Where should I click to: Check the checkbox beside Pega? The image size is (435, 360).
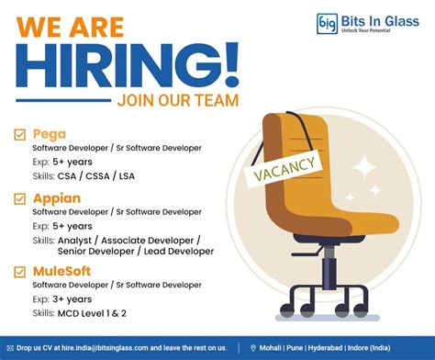[19, 134]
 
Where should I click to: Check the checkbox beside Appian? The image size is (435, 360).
[19, 197]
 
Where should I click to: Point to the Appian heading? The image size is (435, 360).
[56, 197]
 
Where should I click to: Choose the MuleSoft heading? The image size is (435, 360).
[64, 270]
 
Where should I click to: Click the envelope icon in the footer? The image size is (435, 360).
[11, 348]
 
